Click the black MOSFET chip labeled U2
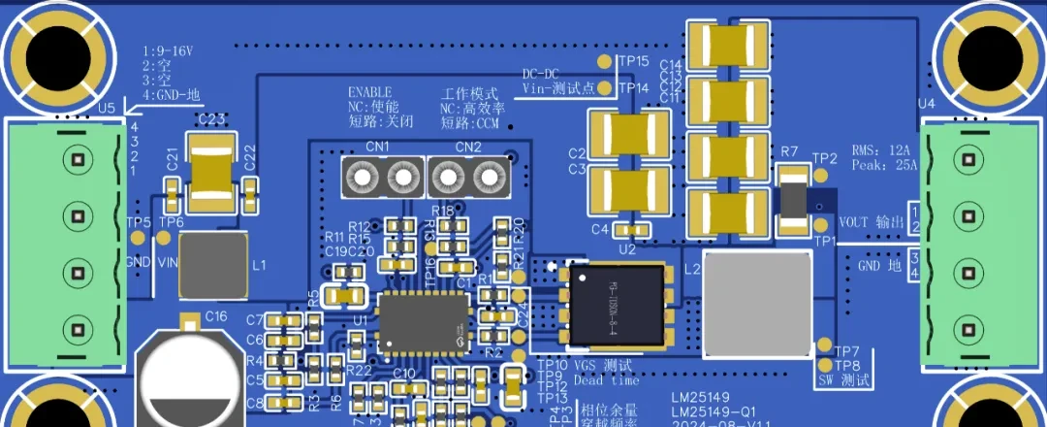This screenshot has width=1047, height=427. [x=619, y=305]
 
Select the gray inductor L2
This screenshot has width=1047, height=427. [x=755, y=304]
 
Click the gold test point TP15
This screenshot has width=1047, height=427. [x=606, y=61]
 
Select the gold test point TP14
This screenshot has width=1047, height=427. [x=606, y=88]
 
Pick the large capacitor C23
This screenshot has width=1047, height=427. [x=212, y=176]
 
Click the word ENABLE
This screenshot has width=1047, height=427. [x=369, y=93]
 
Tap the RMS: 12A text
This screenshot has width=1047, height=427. [x=881, y=150]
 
